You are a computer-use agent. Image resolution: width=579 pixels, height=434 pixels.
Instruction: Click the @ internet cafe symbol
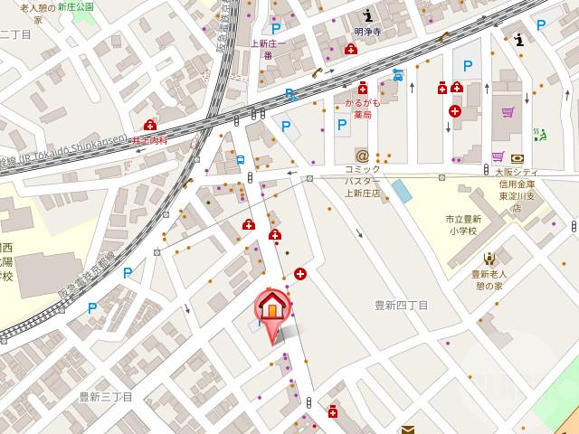point(363,156)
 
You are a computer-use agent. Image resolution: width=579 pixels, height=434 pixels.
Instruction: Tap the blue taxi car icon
point(396,75)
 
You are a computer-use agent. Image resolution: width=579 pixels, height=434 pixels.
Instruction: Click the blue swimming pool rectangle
point(399,192)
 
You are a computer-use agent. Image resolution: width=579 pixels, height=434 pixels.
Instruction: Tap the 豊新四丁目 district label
point(401,306)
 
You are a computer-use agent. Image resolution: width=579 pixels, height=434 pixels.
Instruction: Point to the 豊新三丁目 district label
point(106,397)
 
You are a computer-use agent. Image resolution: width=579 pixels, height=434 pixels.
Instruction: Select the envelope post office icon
point(408,429)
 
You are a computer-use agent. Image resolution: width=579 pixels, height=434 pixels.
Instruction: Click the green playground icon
point(540,134)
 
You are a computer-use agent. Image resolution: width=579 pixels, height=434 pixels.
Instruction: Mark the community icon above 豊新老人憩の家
point(489,259)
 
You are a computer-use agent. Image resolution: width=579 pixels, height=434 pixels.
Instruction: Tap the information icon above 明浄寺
point(367,16)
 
